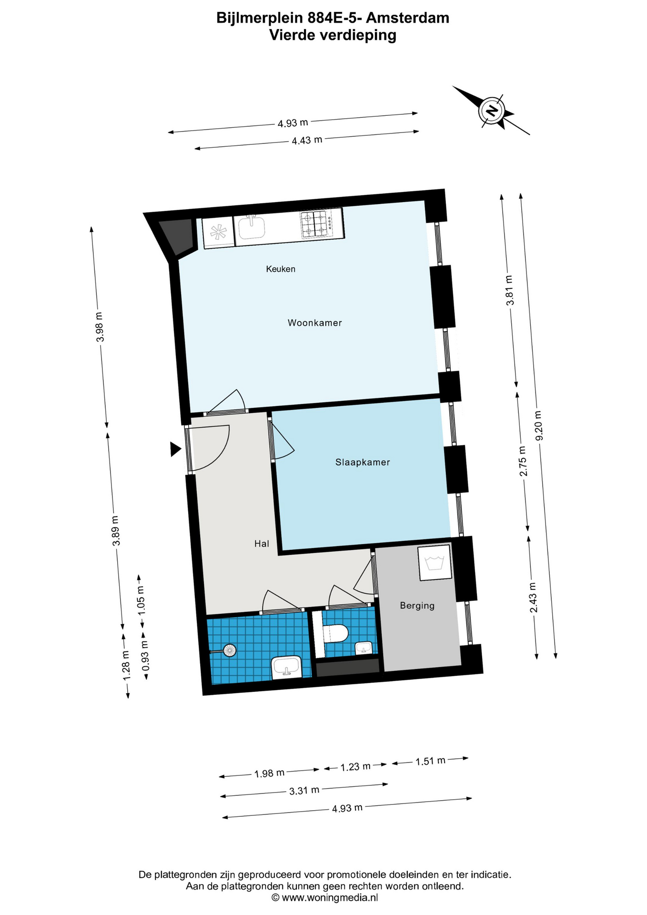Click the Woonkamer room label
(314, 323)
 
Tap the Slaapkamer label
(363, 462)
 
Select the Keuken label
(281, 269)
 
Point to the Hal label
(262, 543)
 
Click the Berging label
(417, 606)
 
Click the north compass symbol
(491, 111)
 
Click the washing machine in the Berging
(435, 563)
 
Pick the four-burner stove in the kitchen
(316, 224)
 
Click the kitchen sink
(252, 226)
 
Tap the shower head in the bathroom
(230, 650)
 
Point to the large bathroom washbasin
(286, 667)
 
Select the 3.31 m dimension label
(304, 791)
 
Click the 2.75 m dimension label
(523, 461)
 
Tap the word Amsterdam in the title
(407, 18)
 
